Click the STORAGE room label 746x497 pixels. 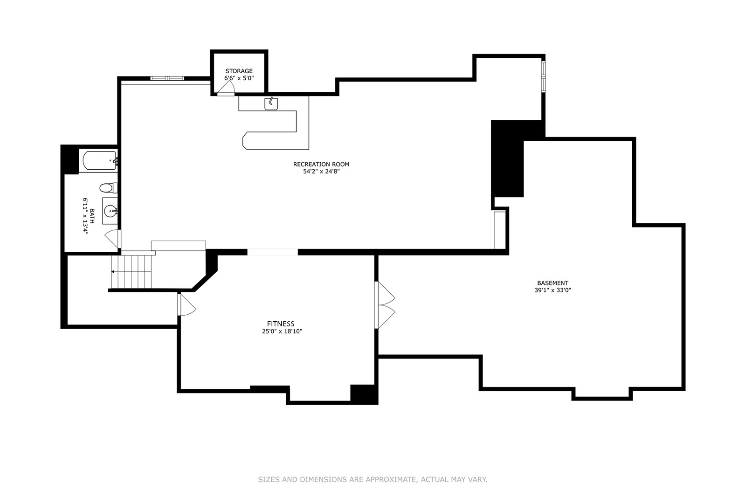pyautogui.click(x=239, y=71)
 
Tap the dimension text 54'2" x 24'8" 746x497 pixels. pyautogui.click(x=321, y=172)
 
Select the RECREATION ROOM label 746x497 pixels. pyautogui.click(x=321, y=164)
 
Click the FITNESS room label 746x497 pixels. pyautogui.click(x=281, y=324)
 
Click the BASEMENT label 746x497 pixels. pyautogui.click(x=553, y=283)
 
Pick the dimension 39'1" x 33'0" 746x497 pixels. pyautogui.click(x=553, y=290)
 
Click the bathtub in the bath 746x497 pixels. pyautogui.click(x=99, y=161)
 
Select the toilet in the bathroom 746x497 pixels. pyautogui.click(x=107, y=188)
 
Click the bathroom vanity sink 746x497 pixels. pyautogui.click(x=111, y=212)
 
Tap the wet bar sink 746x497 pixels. pyautogui.click(x=271, y=104)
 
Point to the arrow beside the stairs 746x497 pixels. pyautogui.click(x=113, y=271)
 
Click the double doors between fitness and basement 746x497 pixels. pyautogui.click(x=386, y=305)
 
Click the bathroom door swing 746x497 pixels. pyautogui.click(x=112, y=238)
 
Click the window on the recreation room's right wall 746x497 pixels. pyautogui.click(x=543, y=76)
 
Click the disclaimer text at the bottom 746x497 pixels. pyautogui.click(x=373, y=479)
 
